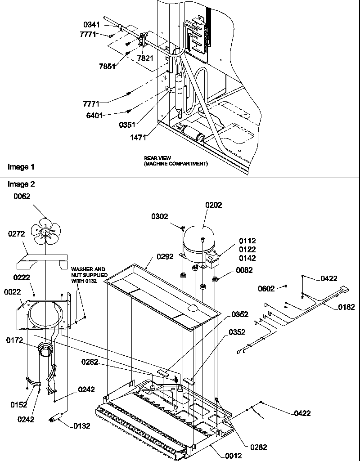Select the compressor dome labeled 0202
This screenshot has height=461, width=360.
(202, 238)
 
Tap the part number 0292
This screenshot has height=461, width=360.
(165, 258)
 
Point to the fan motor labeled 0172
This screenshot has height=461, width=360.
(45, 349)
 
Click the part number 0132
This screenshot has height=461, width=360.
(82, 425)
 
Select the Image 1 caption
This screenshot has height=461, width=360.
(21, 167)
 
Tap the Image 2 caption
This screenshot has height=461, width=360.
(21, 184)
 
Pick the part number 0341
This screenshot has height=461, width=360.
(103, 24)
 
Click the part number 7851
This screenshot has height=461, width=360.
(107, 67)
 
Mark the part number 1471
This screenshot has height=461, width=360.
(139, 138)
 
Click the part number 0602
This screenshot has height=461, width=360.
(266, 288)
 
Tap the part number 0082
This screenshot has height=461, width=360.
(244, 270)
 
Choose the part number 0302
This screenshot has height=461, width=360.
(160, 216)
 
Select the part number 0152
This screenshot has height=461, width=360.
(18, 405)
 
